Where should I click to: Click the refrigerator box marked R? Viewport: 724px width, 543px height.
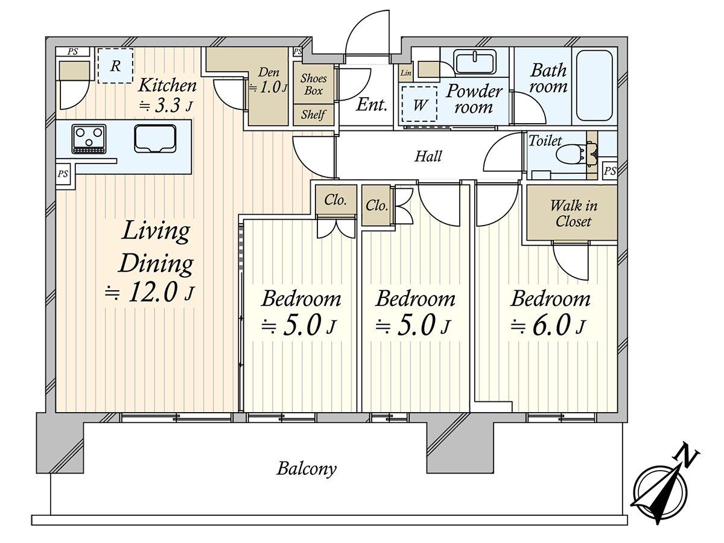115,66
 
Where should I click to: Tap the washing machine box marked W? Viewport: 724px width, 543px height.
419,104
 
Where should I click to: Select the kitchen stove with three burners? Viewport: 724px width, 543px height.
89,139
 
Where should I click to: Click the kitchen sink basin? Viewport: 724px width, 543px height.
155,139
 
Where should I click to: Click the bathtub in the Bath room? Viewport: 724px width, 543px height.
594,86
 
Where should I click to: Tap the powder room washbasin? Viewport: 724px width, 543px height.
475,62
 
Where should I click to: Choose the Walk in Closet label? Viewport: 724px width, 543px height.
573,214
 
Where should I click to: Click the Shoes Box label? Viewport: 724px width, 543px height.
313,84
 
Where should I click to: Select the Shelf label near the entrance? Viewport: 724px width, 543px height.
313,115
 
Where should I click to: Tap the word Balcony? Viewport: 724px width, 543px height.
306,469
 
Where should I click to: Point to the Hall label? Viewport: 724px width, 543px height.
428,156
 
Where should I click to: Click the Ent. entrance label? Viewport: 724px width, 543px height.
372,105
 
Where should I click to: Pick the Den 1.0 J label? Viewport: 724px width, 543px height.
268,80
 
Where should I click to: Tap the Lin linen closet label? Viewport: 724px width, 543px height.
405,73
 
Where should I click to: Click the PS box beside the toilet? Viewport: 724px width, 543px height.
610,171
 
